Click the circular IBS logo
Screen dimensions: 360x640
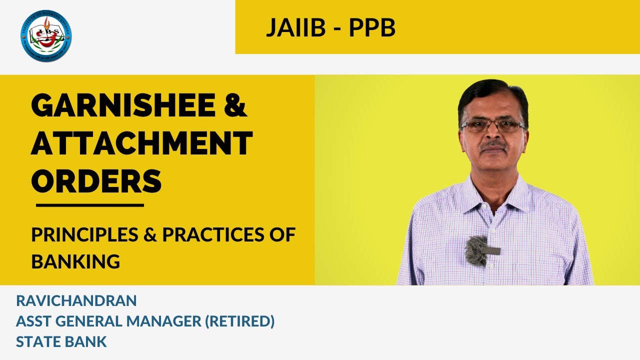pos(46,35)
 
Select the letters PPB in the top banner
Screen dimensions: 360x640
pos(372,28)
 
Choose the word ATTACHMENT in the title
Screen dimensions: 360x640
pos(141,143)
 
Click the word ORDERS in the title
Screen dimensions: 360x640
pos(96,180)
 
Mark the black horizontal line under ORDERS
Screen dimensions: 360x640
pos(90,205)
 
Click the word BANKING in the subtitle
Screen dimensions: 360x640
pos(75,261)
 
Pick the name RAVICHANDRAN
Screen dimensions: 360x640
pos(76,301)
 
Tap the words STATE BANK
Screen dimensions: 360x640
pos(61,342)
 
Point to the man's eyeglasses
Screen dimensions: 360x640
pos(492,125)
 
